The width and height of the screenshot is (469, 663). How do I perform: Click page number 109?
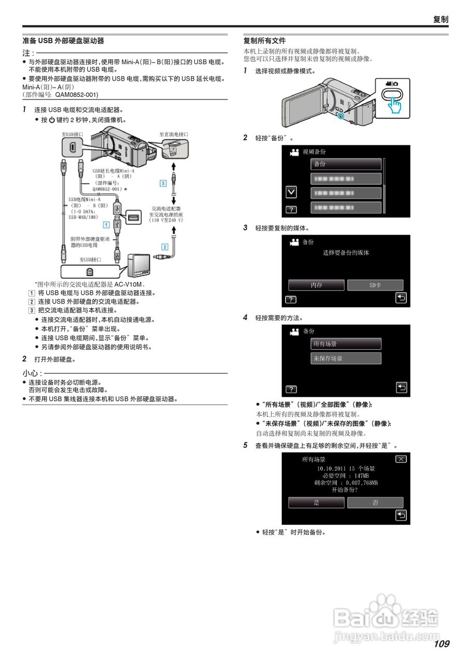coord(442,644)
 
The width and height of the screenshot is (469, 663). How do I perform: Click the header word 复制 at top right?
coord(440,19)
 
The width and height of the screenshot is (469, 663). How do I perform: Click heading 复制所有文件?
coord(265,40)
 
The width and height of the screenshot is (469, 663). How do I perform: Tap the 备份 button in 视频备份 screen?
coord(346,164)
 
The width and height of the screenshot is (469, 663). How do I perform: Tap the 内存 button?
coord(316,285)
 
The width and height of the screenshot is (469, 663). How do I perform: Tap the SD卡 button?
coord(375,285)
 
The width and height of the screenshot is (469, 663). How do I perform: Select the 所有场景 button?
coord(346,344)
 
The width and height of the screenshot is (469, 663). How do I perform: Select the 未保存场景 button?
coord(346,358)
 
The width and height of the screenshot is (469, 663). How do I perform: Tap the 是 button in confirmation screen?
coord(316,502)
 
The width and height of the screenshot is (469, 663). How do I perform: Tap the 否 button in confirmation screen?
coord(375,502)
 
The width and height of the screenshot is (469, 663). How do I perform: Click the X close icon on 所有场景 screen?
coord(401,459)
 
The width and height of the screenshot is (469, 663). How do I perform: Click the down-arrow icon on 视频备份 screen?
coord(292,192)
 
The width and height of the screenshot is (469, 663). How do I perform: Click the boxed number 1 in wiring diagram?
coord(106,224)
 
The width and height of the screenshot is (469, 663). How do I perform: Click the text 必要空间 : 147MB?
coord(346,475)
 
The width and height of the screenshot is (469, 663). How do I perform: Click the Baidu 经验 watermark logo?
coord(386,616)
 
